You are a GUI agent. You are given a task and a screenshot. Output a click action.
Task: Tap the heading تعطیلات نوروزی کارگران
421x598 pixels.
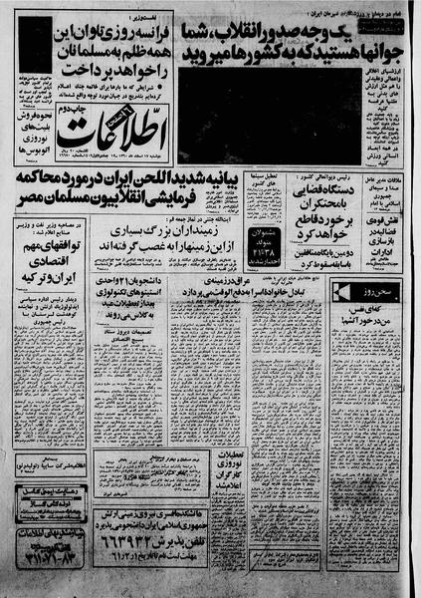click(230, 468)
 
